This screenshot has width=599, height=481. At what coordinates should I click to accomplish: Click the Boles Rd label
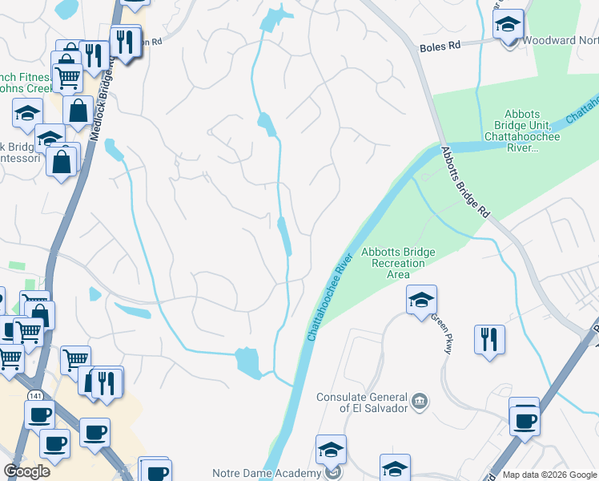click(440, 47)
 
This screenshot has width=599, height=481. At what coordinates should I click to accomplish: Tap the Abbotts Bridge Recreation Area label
click(398, 263)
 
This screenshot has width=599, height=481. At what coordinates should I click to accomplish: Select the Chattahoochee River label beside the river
click(328, 298)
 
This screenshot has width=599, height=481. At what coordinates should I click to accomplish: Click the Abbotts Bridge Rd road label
click(464, 181)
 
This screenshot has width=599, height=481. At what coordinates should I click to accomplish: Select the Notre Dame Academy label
click(266, 473)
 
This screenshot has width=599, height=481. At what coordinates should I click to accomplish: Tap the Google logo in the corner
click(27, 471)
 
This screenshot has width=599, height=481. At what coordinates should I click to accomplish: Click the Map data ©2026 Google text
click(549, 475)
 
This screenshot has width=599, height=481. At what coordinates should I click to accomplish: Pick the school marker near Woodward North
click(508, 26)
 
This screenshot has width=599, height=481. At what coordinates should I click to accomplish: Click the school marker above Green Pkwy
click(421, 301)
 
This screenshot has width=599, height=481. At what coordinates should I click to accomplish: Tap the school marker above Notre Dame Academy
click(330, 451)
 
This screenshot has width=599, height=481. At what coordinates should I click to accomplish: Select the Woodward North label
click(560, 40)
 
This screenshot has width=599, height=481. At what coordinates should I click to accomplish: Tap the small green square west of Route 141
click(17, 265)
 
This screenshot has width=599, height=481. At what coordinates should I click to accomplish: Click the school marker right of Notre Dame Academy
click(395, 468)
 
